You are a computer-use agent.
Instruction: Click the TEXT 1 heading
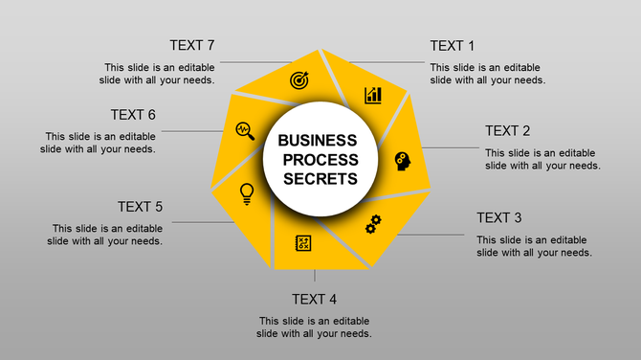(452, 46)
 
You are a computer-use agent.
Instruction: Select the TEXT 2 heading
(507, 131)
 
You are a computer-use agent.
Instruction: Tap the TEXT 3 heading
(498, 218)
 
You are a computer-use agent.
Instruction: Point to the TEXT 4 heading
(314, 299)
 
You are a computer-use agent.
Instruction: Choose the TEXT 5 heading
(140, 207)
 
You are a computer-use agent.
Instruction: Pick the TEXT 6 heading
(133, 115)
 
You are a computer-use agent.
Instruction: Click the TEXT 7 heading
(191, 46)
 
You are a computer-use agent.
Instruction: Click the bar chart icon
(372, 95)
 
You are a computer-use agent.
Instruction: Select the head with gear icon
(402, 160)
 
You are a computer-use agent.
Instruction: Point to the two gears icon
(373, 224)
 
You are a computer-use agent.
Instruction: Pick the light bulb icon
(247, 192)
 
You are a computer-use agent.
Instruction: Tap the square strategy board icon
(303, 243)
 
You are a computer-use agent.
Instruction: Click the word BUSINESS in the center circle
(318, 141)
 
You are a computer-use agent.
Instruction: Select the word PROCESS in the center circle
(320, 159)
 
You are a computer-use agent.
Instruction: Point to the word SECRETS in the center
(320, 178)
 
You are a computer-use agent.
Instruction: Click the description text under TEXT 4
(314, 326)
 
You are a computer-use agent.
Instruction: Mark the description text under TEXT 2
(542, 159)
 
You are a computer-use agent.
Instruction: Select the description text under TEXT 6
(99, 143)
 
